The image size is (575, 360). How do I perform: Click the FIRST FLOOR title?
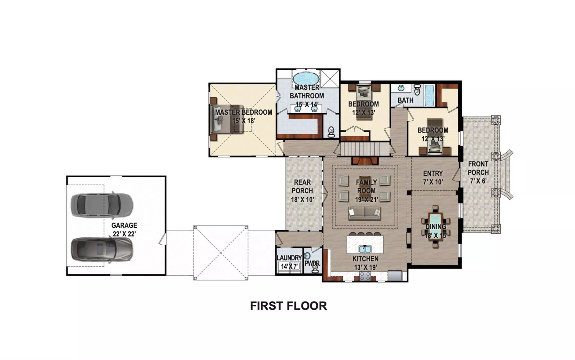tap(288, 306)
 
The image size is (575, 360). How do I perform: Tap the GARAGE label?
tap(124, 225)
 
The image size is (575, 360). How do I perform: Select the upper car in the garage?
tap(102, 205)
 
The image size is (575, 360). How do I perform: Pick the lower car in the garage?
tap(102, 249)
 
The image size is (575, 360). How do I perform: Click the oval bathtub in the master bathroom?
tap(306, 79)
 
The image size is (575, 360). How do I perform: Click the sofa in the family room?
tap(364, 213)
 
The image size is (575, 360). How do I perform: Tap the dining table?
tap(435, 226)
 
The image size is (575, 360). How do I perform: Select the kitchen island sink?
tap(364, 249)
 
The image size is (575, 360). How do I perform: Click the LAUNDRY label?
tap(289, 258)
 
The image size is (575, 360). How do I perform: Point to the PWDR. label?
tap(312, 264)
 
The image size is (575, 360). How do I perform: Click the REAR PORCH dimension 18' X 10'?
tap(303, 200)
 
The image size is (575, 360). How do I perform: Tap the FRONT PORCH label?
tap(478, 168)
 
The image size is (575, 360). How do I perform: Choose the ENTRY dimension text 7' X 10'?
tap(433, 182)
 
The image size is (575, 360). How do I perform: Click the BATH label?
tap(405, 100)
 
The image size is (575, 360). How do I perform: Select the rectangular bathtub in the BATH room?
tap(430, 95)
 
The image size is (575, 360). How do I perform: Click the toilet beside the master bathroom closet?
tap(331, 132)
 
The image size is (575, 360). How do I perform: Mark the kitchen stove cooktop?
tap(365, 276)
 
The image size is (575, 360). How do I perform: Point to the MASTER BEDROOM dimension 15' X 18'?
tap(244, 121)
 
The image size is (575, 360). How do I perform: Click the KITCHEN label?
tap(365, 259)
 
